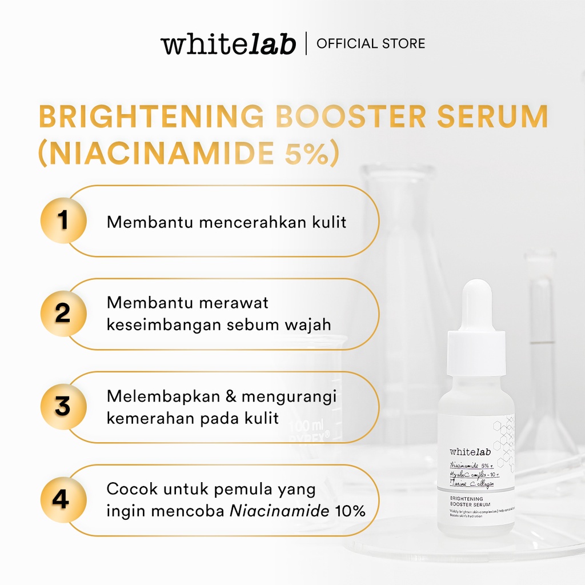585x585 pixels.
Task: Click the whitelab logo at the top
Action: [x=228, y=44]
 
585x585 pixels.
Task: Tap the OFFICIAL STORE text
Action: [x=371, y=44]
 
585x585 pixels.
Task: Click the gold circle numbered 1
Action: [x=63, y=221]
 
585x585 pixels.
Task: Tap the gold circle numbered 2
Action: [x=63, y=314]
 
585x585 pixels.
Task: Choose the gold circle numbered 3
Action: [x=63, y=407]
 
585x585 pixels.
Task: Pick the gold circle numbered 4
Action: [x=63, y=500]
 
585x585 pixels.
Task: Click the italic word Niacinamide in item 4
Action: [x=279, y=511]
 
